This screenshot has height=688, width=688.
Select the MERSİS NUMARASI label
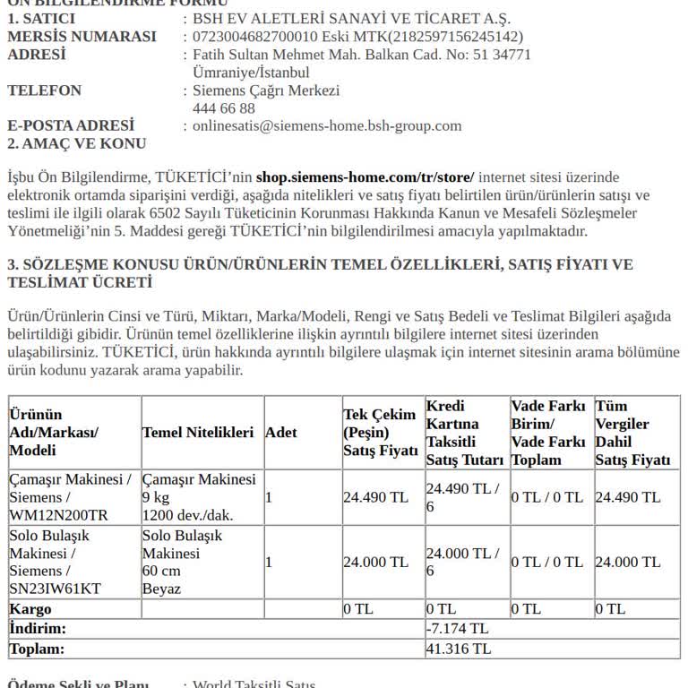coord(82,37)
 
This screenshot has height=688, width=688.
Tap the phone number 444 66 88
coord(224,108)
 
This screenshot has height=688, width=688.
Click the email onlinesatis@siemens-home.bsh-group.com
coord(327,126)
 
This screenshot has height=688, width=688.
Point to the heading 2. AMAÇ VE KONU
coord(77,143)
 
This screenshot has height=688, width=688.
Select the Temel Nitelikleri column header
coord(198,433)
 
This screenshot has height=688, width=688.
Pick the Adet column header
coord(281,433)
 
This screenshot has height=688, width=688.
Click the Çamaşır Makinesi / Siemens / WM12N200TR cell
coord(71,497)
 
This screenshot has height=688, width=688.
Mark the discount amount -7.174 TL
coord(457,629)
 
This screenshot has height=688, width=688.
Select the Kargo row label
coord(30,609)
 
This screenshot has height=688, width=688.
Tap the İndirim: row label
coord(38,629)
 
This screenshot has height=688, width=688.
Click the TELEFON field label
coord(44,90)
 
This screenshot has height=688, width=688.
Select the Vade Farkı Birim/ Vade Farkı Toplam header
coord(548,433)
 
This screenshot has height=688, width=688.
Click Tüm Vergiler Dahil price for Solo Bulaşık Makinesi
coord(628,563)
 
